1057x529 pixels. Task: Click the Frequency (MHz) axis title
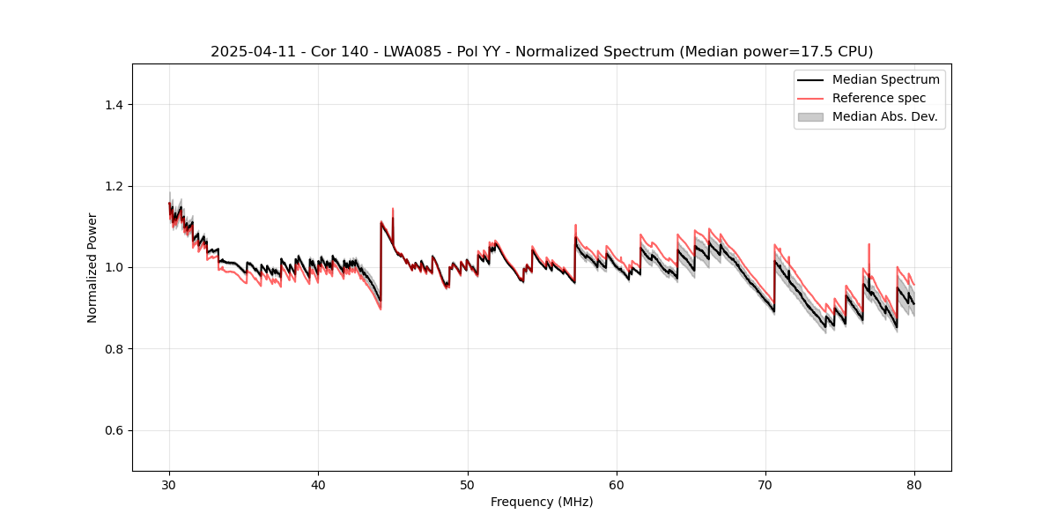click(542, 502)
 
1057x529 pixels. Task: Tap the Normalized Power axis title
click(92, 267)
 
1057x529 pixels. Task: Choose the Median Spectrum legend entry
click(885, 79)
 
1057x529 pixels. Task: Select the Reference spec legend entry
click(879, 98)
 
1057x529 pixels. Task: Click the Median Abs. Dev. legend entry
click(884, 116)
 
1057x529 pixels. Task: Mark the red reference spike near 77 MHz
click(869, 245)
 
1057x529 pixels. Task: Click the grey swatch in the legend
click(810, 116)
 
